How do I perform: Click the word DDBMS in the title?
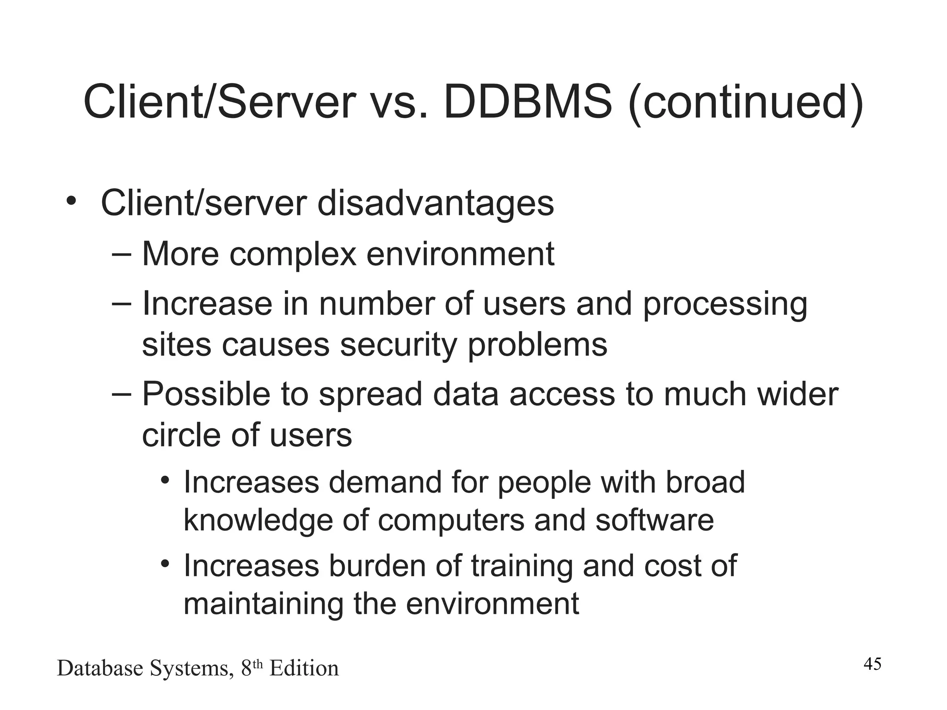(528, 102)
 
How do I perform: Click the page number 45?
(873, 664)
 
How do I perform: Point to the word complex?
(293, 254)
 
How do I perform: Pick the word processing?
(725, 305)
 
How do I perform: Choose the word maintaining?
(263, 604)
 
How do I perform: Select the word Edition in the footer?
(304, 668)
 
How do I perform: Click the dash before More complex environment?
(122, 254)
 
